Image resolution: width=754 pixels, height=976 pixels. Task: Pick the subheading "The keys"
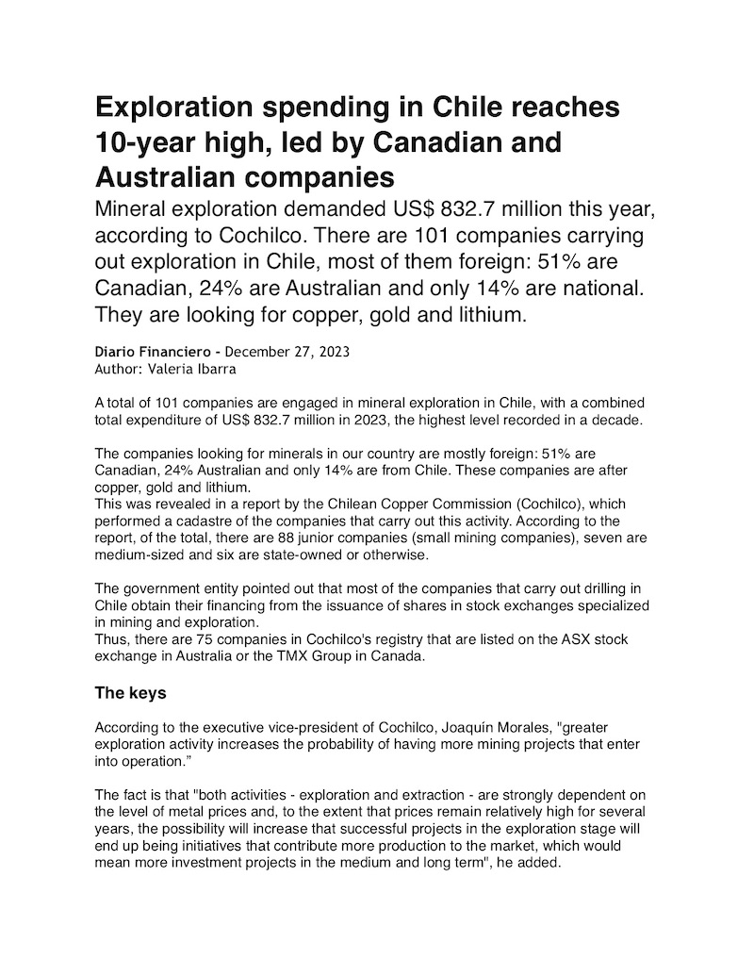131,694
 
